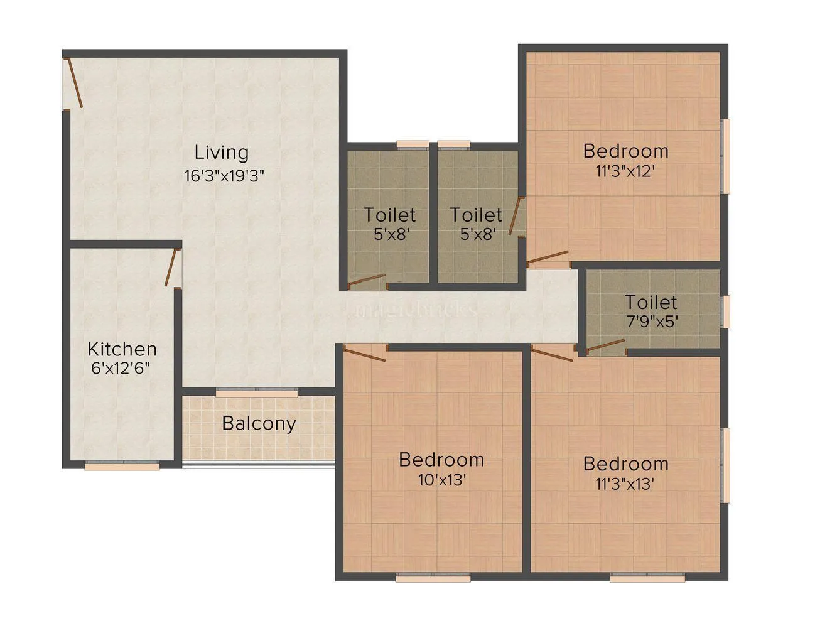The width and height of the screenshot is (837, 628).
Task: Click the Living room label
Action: coord(221,153)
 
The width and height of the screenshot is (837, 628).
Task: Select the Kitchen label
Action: coord(122,349)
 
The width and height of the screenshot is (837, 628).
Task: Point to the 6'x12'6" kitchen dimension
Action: coord(121,368)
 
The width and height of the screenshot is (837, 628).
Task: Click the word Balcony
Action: coord(259,423)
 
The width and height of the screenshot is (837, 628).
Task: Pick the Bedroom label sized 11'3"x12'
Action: coord(625,151)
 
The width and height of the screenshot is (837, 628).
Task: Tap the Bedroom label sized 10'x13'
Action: coord(441,460)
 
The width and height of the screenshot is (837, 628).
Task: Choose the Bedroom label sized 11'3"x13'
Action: coord(625,463)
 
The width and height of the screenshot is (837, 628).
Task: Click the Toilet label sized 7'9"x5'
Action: coord(651,302)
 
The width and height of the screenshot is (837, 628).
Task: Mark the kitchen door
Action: coord(171,268)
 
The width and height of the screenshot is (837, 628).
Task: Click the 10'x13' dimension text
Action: coord(441,480)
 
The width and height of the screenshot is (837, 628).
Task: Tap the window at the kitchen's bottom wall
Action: coord(122,466)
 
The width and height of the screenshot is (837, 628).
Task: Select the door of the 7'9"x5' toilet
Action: coord(606,345)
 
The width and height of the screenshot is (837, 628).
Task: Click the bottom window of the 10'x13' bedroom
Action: coord(433,577)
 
